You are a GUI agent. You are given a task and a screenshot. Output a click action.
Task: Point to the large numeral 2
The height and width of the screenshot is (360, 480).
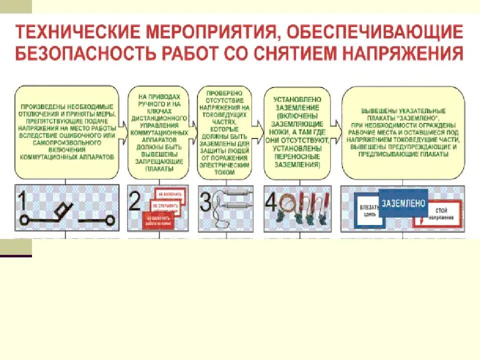[135, 202]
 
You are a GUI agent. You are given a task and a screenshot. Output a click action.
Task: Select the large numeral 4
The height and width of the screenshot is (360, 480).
[270, 202]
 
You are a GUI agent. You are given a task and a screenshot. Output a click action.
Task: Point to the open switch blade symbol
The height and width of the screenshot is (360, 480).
[61, 212]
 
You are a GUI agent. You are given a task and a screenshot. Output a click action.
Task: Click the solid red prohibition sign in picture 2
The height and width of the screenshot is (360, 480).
[158, 220]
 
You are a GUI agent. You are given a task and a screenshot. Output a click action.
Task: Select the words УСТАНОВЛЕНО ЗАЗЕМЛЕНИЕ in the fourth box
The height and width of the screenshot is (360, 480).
[296, 102]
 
